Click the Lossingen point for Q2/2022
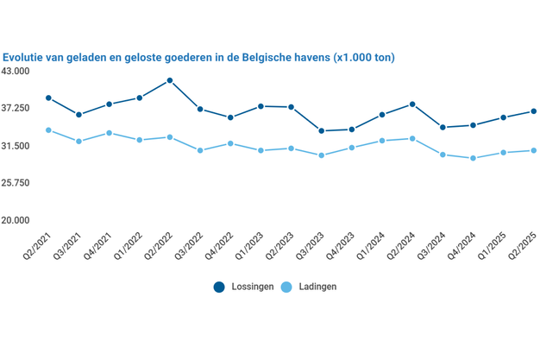pyautogui.click(x=170, y=80)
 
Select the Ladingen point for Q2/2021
pyautogui.click(x=49, y=130)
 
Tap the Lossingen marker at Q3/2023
pyautogui.click(x=322, y=131)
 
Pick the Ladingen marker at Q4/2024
pyautogui.click(x=473, y=158)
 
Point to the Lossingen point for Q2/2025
pyautogui.click(x=534, y=111)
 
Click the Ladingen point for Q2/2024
pyautogui.click(x=412, y=138)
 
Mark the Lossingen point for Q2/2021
pyautogui.click(x=49, y=98)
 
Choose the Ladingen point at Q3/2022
pyautogui.click(x=200, y=150)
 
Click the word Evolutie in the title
pyautogui.click(x=25, y=57)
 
